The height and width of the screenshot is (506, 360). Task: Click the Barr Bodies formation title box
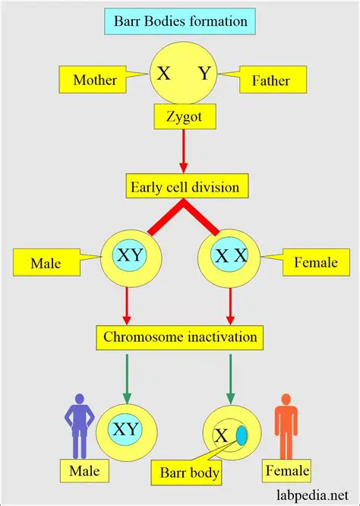coord(179,21)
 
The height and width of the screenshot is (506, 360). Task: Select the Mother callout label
coord(95,79)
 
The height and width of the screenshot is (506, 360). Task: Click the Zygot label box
coord(180,119)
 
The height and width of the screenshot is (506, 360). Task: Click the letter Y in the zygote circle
coord(204,74)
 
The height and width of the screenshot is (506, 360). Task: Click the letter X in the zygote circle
coord(163,74)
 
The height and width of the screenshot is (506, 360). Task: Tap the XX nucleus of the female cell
coord(230,258)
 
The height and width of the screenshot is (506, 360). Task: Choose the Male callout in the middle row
coord(47,264)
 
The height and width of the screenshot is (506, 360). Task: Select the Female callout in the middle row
coord(313,264)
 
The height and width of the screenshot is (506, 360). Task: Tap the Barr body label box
coord(190,473)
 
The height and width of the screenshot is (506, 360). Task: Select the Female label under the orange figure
coord(287,471)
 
